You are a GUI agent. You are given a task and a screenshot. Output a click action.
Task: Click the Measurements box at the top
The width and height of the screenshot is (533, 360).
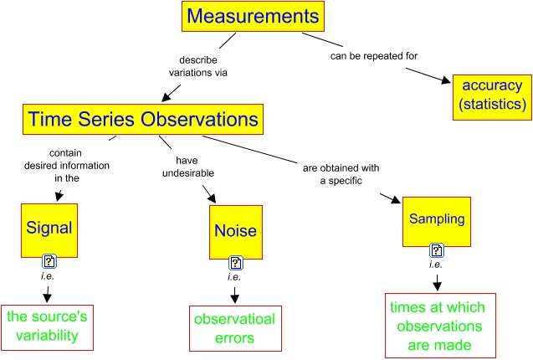tap(253, 16)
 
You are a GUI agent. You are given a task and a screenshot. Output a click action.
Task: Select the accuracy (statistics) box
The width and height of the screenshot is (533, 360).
tap(491, 95)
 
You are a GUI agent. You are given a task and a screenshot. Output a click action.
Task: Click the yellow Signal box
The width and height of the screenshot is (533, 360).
tap(49, 228)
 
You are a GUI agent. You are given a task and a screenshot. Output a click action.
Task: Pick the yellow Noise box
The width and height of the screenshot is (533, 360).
tap(236, 230)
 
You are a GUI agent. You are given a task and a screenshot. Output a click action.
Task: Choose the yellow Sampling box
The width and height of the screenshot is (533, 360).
tap(436, 219)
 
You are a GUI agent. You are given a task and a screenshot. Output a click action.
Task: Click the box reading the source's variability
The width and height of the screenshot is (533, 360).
tap(47, 327)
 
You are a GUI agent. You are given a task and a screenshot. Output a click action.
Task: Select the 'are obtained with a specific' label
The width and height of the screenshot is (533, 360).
tap(341, 173)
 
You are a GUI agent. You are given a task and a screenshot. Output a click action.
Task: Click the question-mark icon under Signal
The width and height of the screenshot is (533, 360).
tap(49, 262)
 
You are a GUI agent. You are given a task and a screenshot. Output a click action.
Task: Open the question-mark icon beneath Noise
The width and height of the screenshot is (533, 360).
tap(236, 263)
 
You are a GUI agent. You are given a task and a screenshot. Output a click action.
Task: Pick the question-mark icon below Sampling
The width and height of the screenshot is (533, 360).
tap(436, 250)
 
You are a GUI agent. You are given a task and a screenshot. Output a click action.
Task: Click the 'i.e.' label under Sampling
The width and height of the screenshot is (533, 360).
tap(436, 265)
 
